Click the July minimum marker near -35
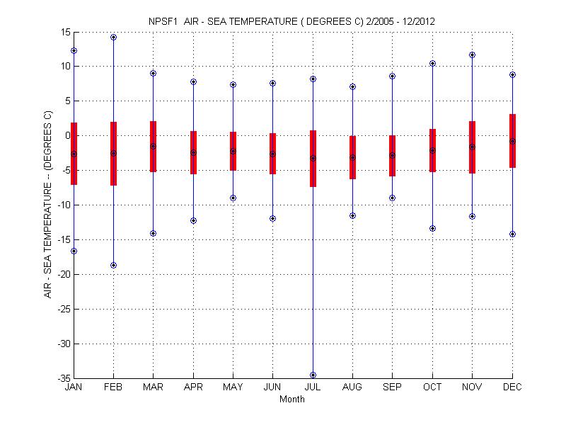pos(313,375)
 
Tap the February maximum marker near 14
pos(113,37)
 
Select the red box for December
pos(512,140)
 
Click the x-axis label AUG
pos(352,387)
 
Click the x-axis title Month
pos(292,399)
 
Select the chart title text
pos(292,21)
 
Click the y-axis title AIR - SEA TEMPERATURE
pos(48,204)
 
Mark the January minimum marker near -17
pos(74,251)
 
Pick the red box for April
pos(193,152)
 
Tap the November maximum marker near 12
pos(472,55)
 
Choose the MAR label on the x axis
pos(153,387)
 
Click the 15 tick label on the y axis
pos(64,32)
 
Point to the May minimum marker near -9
pos(233,198)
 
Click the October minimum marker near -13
pos(432,228)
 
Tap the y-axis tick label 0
pos(67,135)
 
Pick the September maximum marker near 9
pos(393,76)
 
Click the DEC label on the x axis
pos(512,387)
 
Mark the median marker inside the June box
pos(272,154)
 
